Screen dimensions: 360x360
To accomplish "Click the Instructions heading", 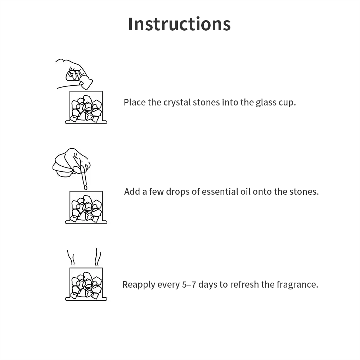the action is click(x=179, y=24).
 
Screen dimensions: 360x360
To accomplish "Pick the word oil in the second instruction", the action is click(x=246, y=192).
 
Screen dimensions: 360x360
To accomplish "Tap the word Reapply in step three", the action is click(x=139, y=285).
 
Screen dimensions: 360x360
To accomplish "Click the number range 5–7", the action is click(x=189, y=284).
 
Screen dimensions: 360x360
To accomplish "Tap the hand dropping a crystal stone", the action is click(x=74, y=73).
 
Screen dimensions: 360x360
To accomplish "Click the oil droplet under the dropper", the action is click(x=86, y=188).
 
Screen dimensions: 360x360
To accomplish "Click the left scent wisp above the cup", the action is click(x=71, y=257).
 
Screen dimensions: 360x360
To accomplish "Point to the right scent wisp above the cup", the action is click(x=98, y=257).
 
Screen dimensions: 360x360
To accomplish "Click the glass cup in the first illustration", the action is click(x=86, y=107).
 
